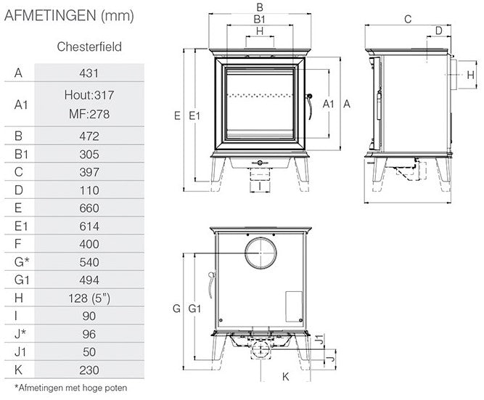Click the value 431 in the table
pos(89,73)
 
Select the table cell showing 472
pos(89,136)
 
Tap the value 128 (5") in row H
pos(89,298)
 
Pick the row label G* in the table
pos(22,262)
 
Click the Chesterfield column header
pos(89,46)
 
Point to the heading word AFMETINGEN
pos(50,15)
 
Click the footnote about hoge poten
pos(70,388)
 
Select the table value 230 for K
pos(89,370)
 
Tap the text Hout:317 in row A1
pos(89,95)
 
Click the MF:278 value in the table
pos(89,114)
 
